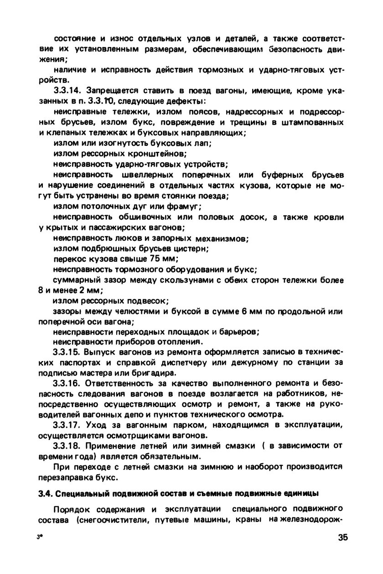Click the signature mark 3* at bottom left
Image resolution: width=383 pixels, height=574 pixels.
point(40,537)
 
